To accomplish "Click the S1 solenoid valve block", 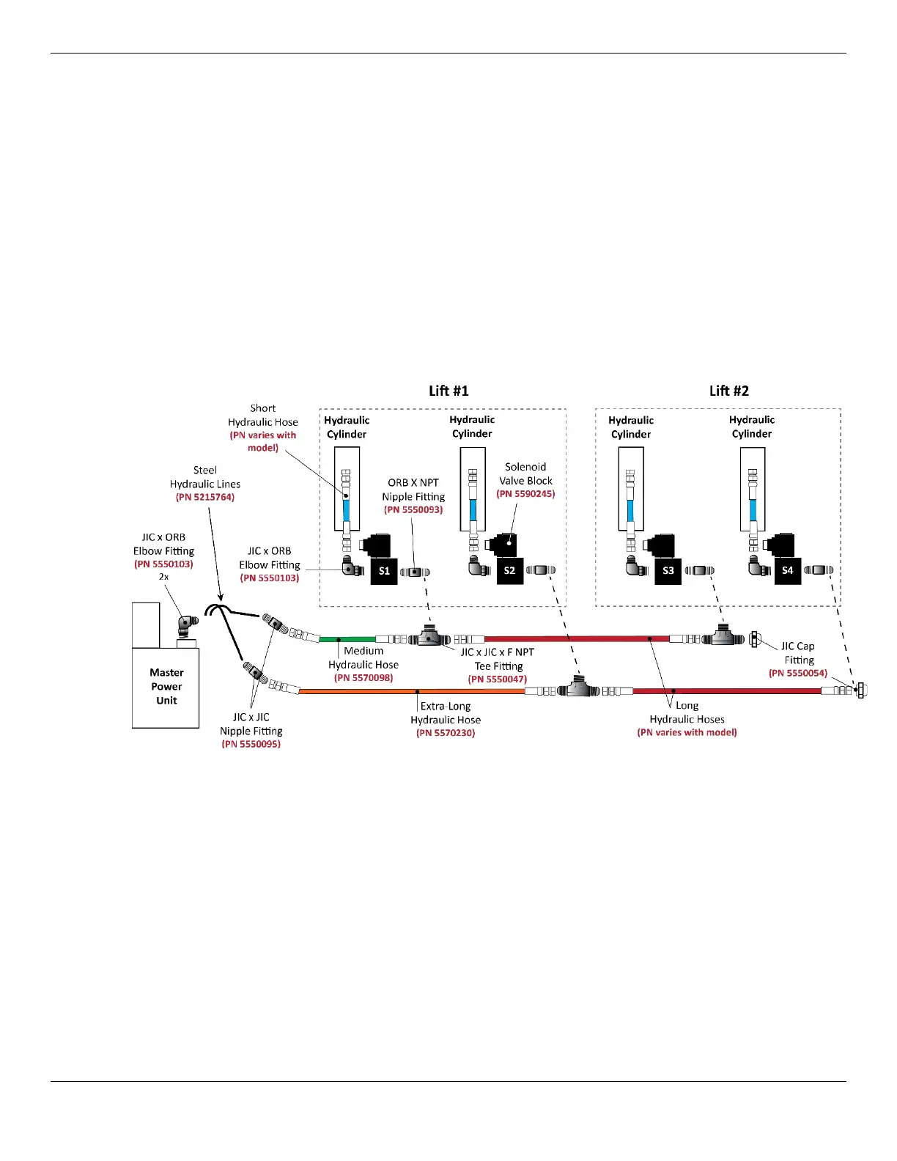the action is click(384, 571).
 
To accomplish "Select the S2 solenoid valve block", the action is click(509, 571).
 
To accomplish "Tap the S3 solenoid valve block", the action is click(668, 571).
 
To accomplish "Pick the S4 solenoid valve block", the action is click(787, 571).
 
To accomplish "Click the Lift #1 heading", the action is click(448, 391).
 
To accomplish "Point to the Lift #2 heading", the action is click(729, 391).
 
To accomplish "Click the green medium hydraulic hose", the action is click(347, 639).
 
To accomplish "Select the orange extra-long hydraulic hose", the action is click(410, 690).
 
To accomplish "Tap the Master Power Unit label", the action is click(166, 686).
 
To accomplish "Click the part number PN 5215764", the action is click(205, 497).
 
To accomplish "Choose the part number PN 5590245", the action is click(525, 494).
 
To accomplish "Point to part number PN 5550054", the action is click(797, 673).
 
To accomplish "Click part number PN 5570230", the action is click(446, 733).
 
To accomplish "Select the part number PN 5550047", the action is click(498, 679).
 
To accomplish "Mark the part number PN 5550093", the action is click(413, 509).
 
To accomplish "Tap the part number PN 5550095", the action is click(251, 744).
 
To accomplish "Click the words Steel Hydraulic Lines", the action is click(205, 477).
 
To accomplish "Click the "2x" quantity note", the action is click(163, 577).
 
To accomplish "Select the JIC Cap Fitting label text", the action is click(798, 653).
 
